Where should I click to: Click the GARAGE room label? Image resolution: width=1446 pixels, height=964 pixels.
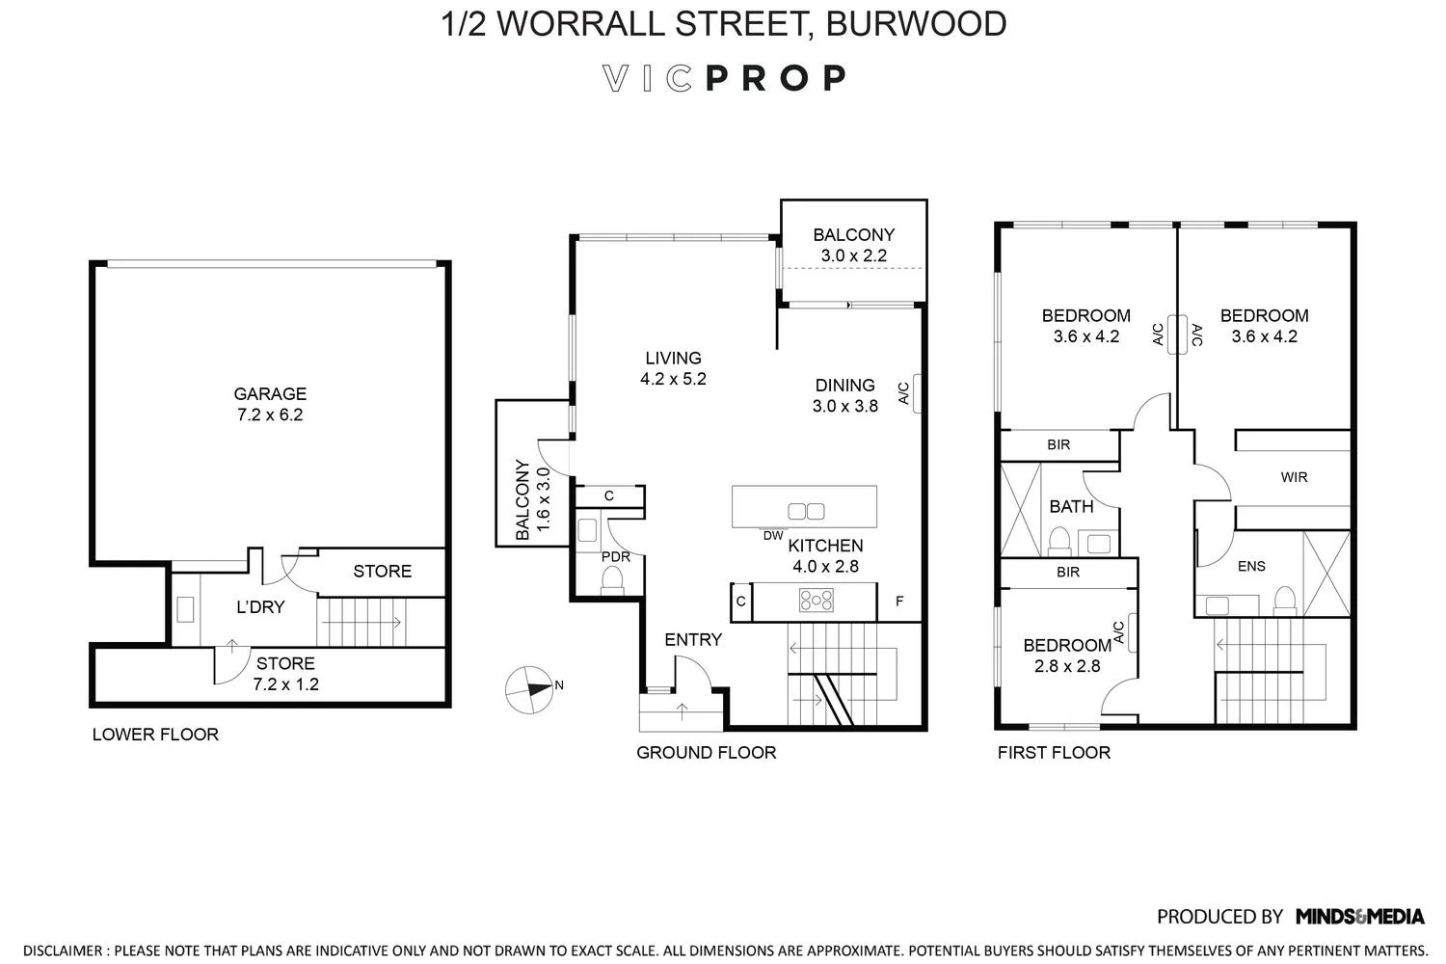pyautogui.click(x=270, y=393)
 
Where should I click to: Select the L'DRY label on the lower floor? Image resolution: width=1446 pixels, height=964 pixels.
pyautogui.click(x=260, y=607)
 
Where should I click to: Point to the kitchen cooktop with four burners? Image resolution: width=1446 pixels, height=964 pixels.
pyautogui.click(x=816, y=601)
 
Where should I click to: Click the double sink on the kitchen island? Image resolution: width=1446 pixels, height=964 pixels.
pyautogui.click(x=806, y=512)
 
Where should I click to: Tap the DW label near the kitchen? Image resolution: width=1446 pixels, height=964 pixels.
pyautogui.click(x=773, y=535)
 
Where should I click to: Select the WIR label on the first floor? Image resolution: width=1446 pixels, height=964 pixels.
pyautogui.click(x=1294, y=477)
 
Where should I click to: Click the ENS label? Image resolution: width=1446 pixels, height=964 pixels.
pyautogui.click(x=1251, y=566)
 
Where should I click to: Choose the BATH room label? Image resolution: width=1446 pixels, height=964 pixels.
pyautogui.click(x=1071, y=506)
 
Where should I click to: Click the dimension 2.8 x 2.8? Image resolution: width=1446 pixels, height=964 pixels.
pyautogui.click(x=1066, y=666)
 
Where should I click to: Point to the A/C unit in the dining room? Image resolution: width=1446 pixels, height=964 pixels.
pyautogui.click(x=917, y=393)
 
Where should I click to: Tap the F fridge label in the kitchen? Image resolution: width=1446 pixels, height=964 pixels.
pyautogui.click(x=899, y=602)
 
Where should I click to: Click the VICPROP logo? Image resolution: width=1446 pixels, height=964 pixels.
pyautogui.click(x=724, y=78)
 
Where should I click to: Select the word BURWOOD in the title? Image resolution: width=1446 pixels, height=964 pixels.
pyautogui.click(x=917, y=24)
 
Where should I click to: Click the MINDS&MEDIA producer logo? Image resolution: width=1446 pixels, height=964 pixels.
pyautogui.click(x=1359, y=916)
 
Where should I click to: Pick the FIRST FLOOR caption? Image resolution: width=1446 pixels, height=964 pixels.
pyautogui.click(x=1054, y=752)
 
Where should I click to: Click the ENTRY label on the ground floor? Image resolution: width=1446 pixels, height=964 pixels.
pyautogui.click(x=693, y=639)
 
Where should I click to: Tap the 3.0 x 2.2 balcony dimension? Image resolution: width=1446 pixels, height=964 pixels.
pyautogui.click(x=853, y=255)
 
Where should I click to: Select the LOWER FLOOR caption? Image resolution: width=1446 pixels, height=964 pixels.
pyautogui.click(x=155, y=735)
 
